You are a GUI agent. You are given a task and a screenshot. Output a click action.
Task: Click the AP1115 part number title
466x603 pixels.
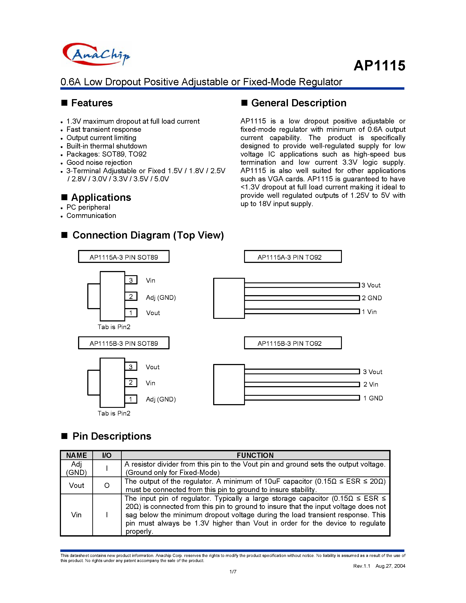pyautogui.click(x=379, y=66)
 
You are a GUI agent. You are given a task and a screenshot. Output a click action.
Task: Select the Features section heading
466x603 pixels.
pyautogui.click(x=92, y=103)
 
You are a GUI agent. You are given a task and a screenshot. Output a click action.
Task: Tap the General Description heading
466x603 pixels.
pyautogui.click(x=298, y=103)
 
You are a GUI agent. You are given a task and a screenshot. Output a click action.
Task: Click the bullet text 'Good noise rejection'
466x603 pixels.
pyautogui.click(x=99, y=162)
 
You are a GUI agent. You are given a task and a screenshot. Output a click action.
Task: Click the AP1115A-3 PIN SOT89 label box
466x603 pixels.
pyautogui.click(x=124, y=257)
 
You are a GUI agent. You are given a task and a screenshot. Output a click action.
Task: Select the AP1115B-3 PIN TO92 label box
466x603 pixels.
pyautogui.click(x=293, y=343)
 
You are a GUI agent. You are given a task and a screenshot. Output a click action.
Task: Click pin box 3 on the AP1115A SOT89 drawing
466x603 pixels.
pyautogui.click(x=131, y=280)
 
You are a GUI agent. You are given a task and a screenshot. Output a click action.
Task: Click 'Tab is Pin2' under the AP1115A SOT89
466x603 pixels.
pyautogui.click(x=114, y=327)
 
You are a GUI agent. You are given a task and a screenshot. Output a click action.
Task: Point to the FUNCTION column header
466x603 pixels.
pyautogui.click(x=255, y=455)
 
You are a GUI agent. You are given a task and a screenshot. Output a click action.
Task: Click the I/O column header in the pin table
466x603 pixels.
pyautogui.click(x=107, y=455)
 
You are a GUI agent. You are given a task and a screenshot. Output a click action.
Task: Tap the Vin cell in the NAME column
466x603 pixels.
pyautogui.click(x=77, y=515)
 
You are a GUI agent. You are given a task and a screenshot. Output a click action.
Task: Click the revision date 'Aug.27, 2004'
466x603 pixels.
pyautogui.click(x=390, y=566)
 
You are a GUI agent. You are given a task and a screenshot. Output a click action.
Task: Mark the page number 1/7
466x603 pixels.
pyautogui.click(x=233, y=571)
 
